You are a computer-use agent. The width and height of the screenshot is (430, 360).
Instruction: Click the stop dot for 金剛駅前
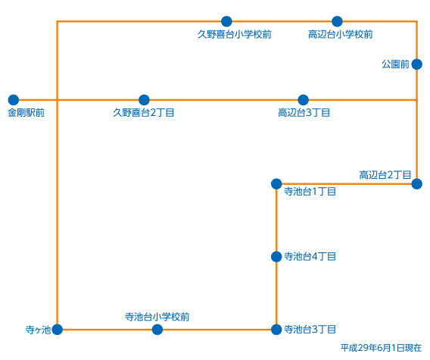(14, 100)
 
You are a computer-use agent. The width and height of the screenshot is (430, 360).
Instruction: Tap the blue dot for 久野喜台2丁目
(144, 100)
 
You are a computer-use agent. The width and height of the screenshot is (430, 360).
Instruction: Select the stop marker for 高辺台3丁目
(303, 100)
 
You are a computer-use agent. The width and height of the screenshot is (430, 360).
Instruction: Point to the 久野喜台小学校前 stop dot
(226, 21)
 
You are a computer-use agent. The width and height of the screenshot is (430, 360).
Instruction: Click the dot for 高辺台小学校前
(337, 21)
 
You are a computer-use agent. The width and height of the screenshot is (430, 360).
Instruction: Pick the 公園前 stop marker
(417, 64)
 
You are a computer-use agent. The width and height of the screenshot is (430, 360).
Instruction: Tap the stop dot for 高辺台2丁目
(417, 184)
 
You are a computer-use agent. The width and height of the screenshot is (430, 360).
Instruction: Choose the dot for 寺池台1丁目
(276, 184)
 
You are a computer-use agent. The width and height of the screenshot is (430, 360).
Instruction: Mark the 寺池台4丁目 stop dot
(276, 257)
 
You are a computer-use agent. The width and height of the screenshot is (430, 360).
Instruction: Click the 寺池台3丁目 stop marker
(276, 330)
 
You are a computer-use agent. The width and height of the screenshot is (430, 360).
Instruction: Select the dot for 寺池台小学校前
(157, 330)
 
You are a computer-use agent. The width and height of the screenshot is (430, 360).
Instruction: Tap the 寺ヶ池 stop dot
(57, 330)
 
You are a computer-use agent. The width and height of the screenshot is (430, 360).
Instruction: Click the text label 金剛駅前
(26, 113)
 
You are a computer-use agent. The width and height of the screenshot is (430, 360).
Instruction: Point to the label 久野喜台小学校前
(235, 34)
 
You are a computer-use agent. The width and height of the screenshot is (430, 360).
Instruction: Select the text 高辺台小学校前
(341, 34)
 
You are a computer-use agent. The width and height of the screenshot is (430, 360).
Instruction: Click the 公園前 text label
(395, 64)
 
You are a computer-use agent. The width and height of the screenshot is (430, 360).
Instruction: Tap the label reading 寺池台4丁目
(310, 257)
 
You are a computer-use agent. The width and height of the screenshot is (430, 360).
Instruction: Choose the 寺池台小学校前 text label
(157, 317)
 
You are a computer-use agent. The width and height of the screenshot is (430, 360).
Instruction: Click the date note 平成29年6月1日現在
(382, 348)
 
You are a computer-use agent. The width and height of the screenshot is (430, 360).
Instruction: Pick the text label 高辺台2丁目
(385, 175)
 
